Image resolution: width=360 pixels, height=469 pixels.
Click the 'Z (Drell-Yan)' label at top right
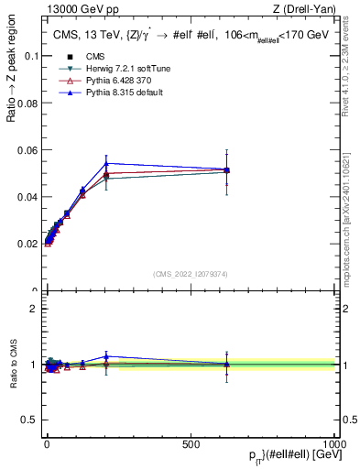coord(305,10)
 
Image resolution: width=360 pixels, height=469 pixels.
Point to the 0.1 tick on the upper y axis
coord(30,56)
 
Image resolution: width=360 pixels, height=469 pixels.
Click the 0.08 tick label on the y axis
coord(27,103)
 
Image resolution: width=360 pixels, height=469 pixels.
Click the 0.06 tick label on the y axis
coord(27,150)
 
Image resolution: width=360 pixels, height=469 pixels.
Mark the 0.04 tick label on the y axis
coord(27,197)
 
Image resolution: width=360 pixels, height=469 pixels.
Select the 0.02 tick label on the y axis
coord(27,245)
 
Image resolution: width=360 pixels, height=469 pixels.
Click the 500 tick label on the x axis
coord(191,443)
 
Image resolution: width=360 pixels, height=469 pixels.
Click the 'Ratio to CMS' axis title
coord(14,364)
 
